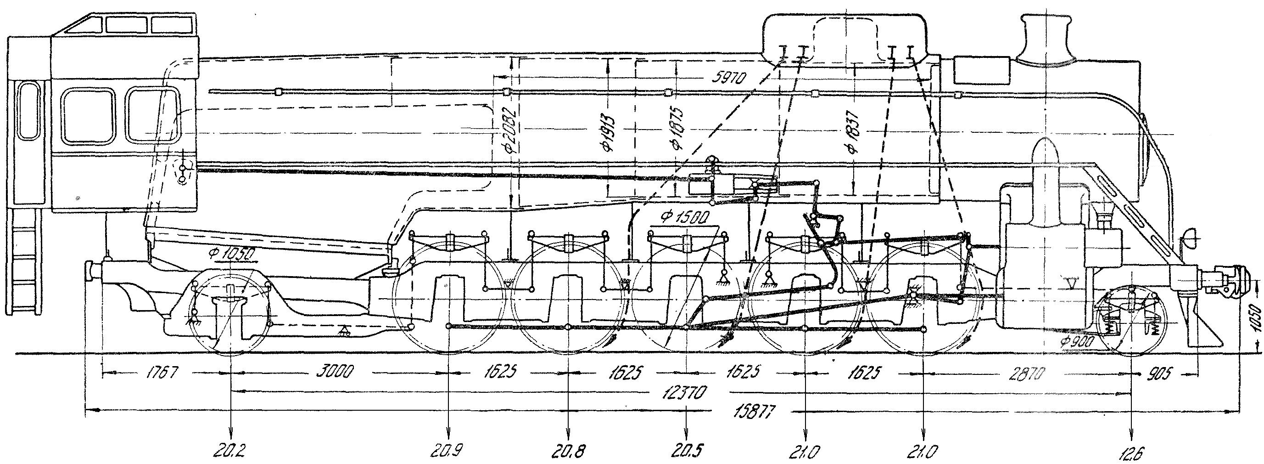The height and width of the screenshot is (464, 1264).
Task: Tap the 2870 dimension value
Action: click(x=1027, y=374)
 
